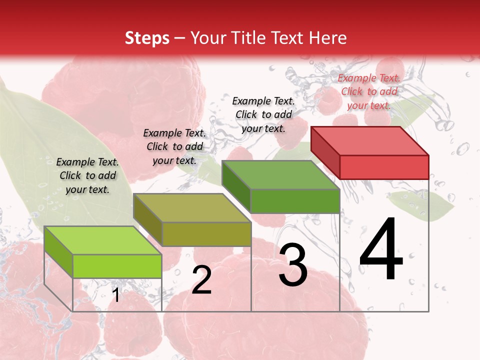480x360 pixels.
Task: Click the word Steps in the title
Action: (147, 38)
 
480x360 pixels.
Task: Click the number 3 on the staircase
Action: (293, 265)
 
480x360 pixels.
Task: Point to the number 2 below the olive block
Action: (201, 280)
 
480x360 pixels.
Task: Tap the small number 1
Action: (116, 295)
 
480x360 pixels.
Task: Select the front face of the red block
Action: (384, 167)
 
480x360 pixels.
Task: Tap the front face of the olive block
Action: (206, 234)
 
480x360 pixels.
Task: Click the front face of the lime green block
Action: (117, 266)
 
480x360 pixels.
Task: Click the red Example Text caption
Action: (369, 91)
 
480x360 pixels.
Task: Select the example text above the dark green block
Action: (263, 114)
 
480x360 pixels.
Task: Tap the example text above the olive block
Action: (174, 146)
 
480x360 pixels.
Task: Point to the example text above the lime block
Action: (87, 175)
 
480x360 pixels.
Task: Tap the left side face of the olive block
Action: (148, 219)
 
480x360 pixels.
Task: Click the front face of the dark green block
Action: (295, 201)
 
